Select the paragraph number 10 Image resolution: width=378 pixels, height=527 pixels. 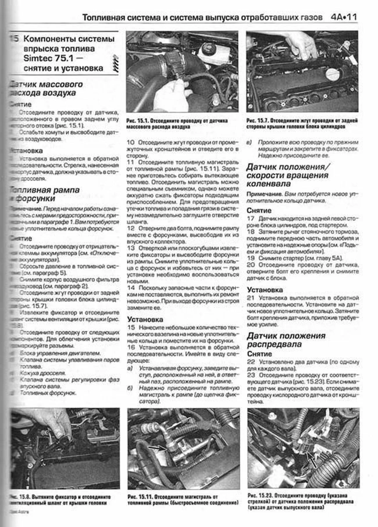(130, 143)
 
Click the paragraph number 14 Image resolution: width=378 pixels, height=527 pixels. (131, 288)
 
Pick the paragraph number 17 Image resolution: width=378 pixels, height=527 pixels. (250, 218)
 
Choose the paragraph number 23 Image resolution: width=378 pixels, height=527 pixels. (251, 375)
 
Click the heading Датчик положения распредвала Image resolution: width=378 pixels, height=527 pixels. (286, 340)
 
